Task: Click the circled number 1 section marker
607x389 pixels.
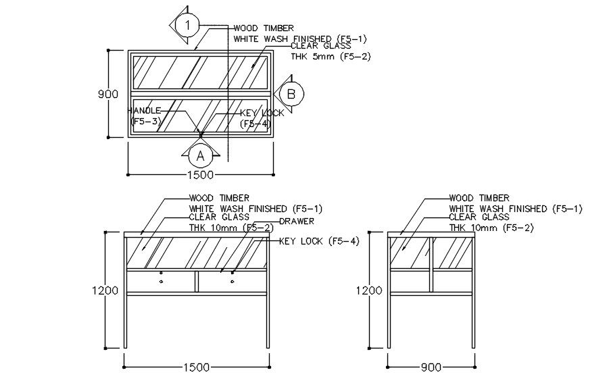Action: pos(189,26)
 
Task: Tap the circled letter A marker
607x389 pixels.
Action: pos(200,156)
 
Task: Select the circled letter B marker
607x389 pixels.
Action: pos(291,94)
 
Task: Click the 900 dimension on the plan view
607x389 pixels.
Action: pos(108,94)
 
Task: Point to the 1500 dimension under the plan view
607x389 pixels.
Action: pos(199,175)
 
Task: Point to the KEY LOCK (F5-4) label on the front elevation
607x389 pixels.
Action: pos(318,241)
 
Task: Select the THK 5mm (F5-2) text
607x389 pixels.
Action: pos(331,57)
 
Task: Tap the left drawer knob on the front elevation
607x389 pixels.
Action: pos(161,280)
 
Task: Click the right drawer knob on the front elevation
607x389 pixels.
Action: pos(232,280)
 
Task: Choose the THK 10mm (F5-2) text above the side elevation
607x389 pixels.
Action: pos(491,228)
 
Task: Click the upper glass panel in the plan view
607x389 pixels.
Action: pos(199,71)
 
